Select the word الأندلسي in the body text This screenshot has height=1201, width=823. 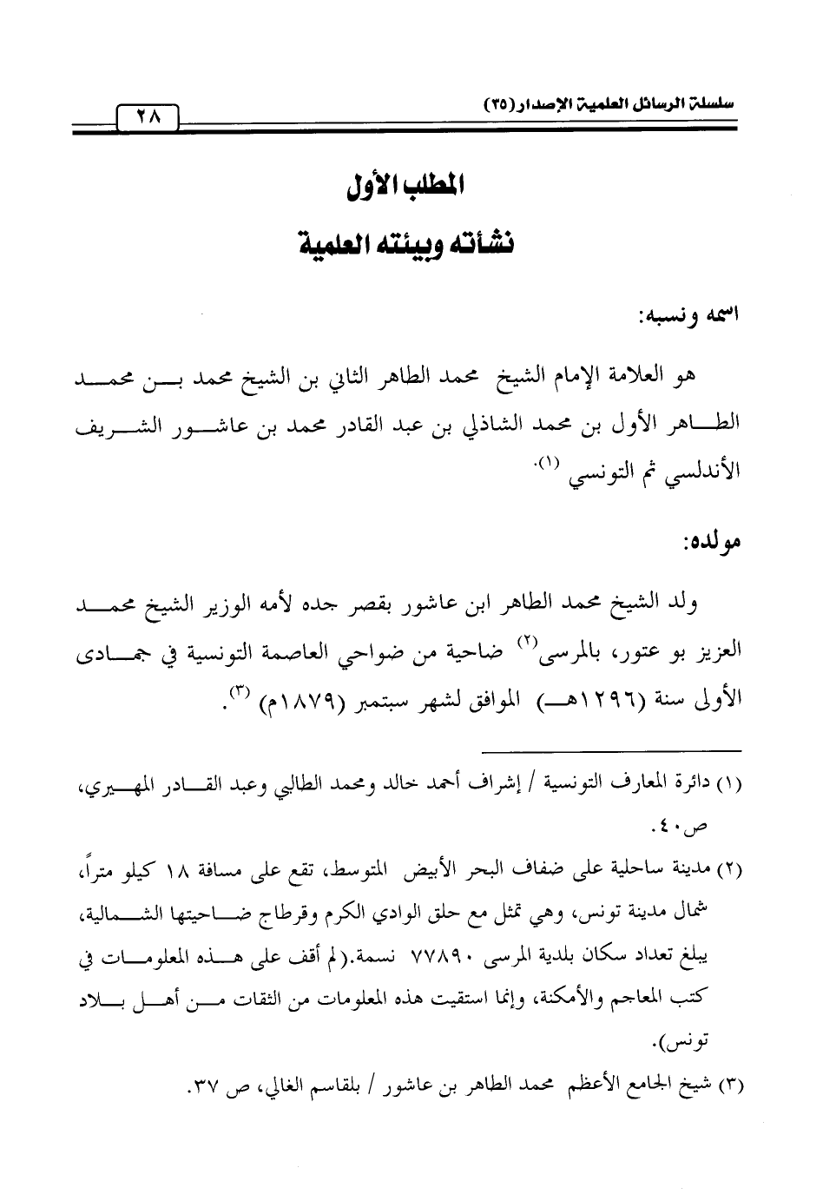click(703, 478)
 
